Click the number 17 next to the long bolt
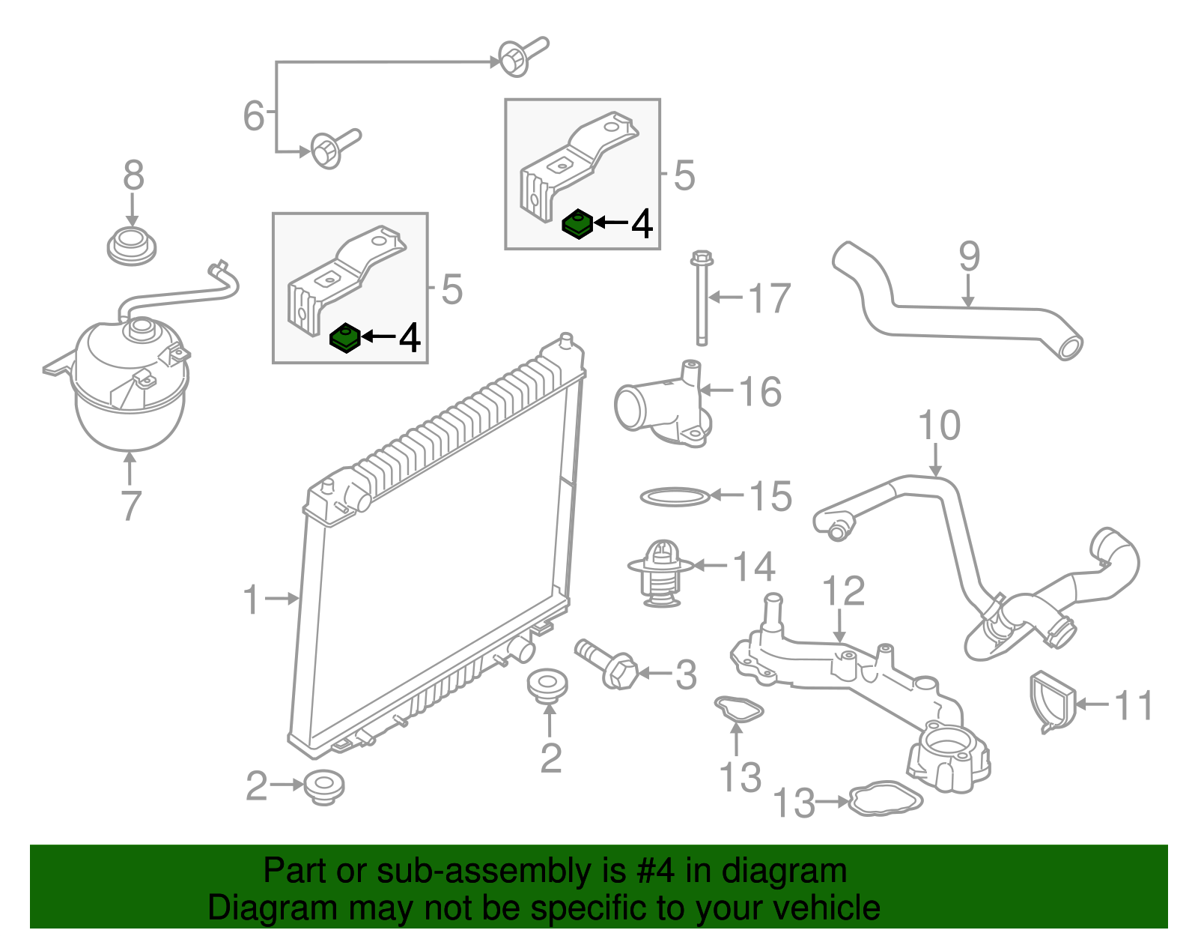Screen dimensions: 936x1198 pyautogui.click(x=770, y=298)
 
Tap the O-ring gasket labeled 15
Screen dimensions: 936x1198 pyautogui.click(x=674, y=496)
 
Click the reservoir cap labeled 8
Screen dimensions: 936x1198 pyautogui.click(x=132, y=247)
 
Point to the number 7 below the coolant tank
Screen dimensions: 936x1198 pyautogui.click(x=130, y=507)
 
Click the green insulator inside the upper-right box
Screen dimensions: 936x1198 pyautogui.click(x=577, y=224)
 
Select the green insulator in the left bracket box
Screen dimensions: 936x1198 pyautogui.click(x=345, y=338)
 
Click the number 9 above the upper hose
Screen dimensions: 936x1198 pyautogui.click(x=969, y=256)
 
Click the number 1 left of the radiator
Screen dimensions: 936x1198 pyautogui.click(x=251, y=600)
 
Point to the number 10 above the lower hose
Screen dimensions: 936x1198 pyautogui.click(x=939, y=426)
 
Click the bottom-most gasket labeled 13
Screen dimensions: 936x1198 pyautogui.click(x=885, y=800)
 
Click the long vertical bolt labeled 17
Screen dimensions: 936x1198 pyautogui.click(x=702, y=300)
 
